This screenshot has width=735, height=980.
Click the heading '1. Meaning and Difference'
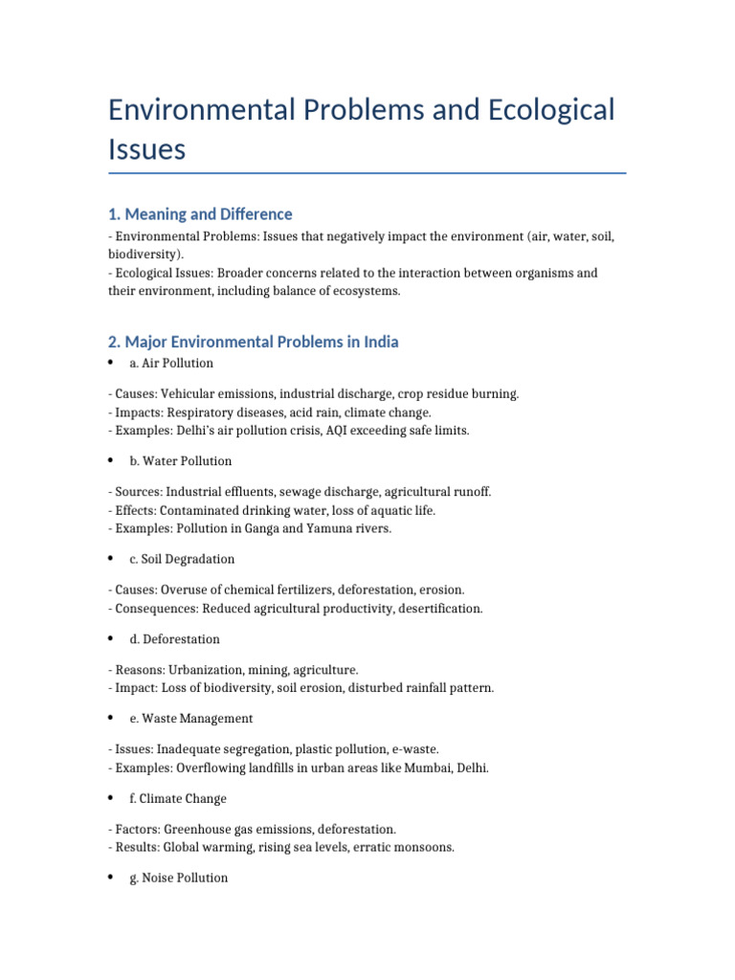point(200,213)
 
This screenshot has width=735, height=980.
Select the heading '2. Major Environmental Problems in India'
point(254,342)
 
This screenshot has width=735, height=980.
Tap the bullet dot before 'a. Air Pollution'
point(111,363)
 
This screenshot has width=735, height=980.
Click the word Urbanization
point(202,670)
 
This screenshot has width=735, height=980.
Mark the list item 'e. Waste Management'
point(191,719)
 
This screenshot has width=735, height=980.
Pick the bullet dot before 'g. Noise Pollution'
point(111,878)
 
